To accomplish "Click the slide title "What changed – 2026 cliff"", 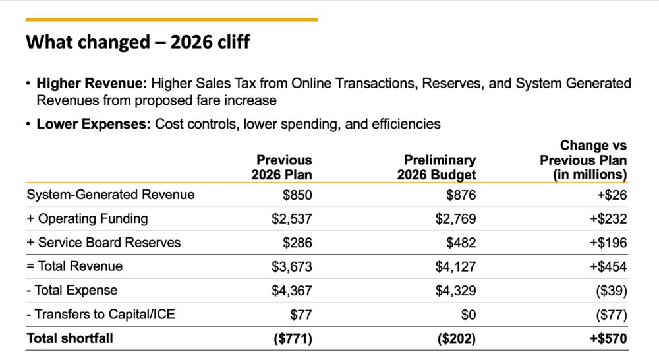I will point(138,43).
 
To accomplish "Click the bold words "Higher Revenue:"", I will point(92,84).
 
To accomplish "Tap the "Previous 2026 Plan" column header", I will point(281,167).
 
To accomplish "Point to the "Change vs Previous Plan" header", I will point(583,160).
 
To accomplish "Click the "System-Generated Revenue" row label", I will point(111,195).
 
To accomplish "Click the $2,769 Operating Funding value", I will point(455,219).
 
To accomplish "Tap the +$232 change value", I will point(609,219).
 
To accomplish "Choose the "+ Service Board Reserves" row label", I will point(103,243).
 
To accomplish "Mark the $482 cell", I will point(461,243).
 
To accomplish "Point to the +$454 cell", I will point(609,266).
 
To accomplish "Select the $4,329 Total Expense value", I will point(455,291).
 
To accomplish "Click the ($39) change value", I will point(612,291).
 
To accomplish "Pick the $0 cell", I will point(467,315).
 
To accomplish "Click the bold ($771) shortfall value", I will point(293,338).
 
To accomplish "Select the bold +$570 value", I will point(609,338).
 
